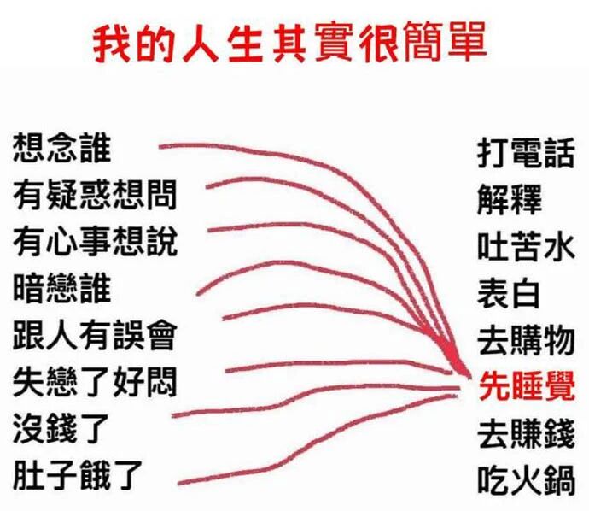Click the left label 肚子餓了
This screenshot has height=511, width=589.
[x=77, y=473]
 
